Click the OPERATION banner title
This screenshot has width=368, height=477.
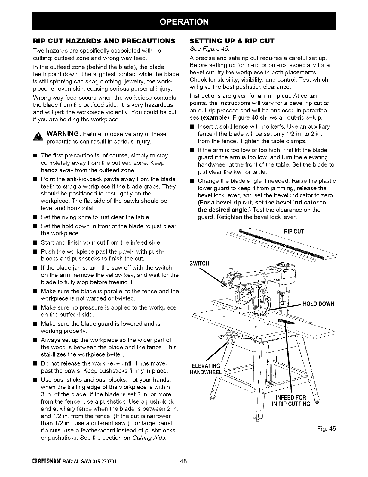pos(184,21)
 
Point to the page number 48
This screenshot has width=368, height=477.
pos(184,461)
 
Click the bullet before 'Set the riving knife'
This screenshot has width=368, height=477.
pos(35,217)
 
